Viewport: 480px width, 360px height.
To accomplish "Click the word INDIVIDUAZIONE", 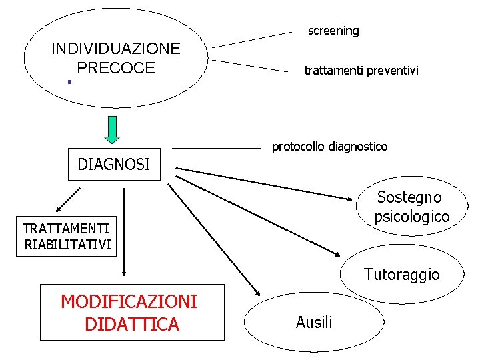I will click(x=115, y=49).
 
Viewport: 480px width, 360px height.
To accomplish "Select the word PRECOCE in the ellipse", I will click(x=115, y=67).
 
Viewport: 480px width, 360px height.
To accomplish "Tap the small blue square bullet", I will click(x=69, y=83).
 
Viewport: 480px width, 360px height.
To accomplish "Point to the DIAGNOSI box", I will click(x=114, y=164).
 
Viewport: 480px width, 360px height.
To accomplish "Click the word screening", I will click(x=333, y=31).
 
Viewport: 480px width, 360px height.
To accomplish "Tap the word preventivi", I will click(x=391, y=70).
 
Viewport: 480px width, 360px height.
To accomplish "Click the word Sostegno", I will click(x=409, y=197).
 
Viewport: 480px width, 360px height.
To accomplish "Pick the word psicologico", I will click(x=412, y=217).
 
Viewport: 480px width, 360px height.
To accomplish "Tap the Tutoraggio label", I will click(x=401, y=274).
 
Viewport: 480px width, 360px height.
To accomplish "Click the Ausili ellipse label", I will click(x=313, y=323).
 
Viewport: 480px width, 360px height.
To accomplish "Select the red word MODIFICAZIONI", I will click(x=129, y=302).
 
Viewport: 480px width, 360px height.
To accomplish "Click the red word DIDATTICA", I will click(x=132, y=324).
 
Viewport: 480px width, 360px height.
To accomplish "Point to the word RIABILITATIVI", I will click(x=67, y=244).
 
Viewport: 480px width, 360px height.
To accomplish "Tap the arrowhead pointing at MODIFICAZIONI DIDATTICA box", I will click(x=124, y=273).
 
